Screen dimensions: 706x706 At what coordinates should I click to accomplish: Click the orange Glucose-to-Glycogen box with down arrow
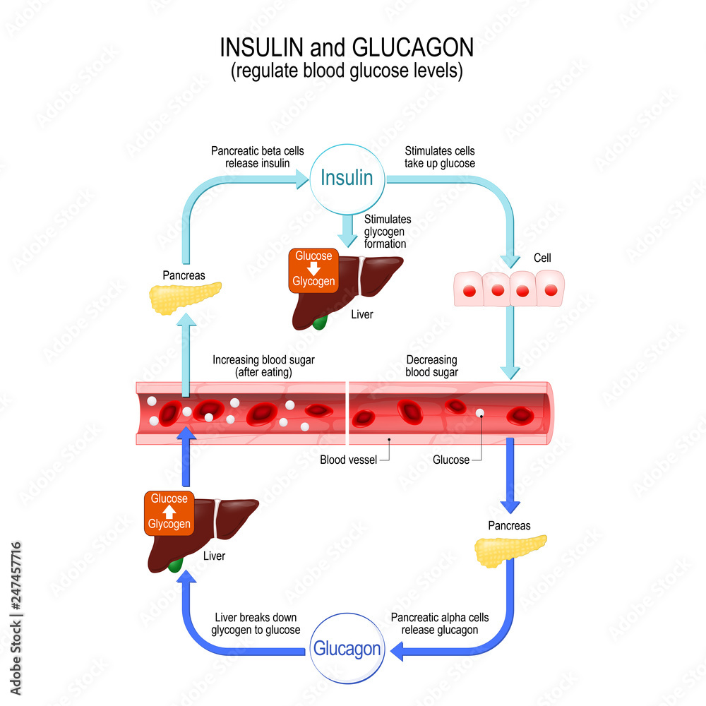point(313,270)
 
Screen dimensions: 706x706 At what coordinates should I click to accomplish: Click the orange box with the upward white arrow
point(169,512)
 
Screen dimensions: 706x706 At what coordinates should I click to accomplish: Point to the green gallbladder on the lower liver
point(175,565)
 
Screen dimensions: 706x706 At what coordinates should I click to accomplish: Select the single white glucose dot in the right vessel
point(479,413)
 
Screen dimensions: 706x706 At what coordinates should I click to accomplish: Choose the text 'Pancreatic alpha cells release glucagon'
point(439,623)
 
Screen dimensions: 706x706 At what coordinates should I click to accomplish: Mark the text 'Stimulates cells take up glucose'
point(439,157)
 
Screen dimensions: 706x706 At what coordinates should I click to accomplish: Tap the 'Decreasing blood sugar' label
point(431,366)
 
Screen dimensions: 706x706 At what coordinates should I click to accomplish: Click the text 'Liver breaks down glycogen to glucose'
point(256,623)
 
